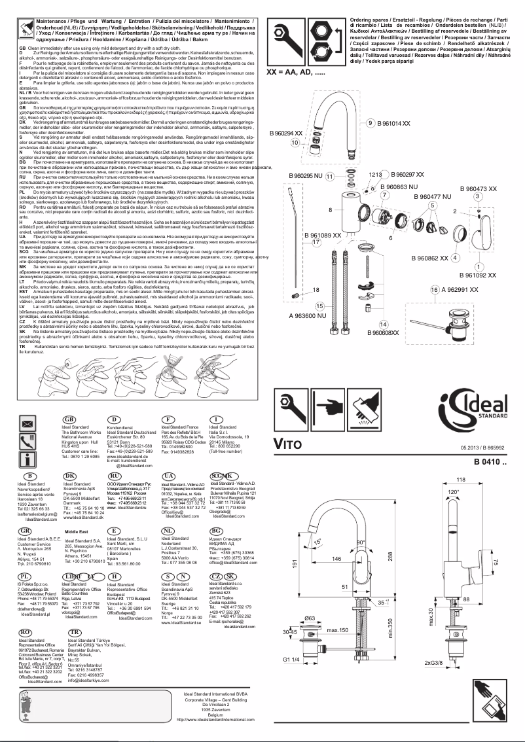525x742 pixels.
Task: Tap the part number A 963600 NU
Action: click(x=309, y=315)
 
